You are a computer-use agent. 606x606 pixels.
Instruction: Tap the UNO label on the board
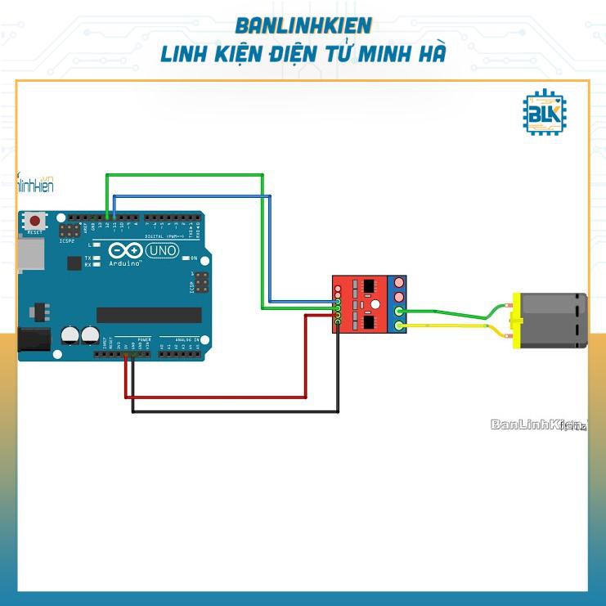[162, 250]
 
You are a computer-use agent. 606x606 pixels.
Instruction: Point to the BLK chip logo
[543, 113]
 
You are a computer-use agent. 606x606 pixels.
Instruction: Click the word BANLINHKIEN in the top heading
[303, 25]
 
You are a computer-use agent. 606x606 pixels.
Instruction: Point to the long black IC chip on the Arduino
[149, 315]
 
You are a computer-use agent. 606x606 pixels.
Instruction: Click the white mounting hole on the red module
[375, 306]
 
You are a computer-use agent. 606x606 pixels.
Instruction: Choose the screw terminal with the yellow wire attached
[399, 326]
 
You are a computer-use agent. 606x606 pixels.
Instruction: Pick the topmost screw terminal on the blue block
[399, 282]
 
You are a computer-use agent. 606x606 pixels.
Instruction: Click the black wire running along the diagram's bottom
[237, 411]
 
